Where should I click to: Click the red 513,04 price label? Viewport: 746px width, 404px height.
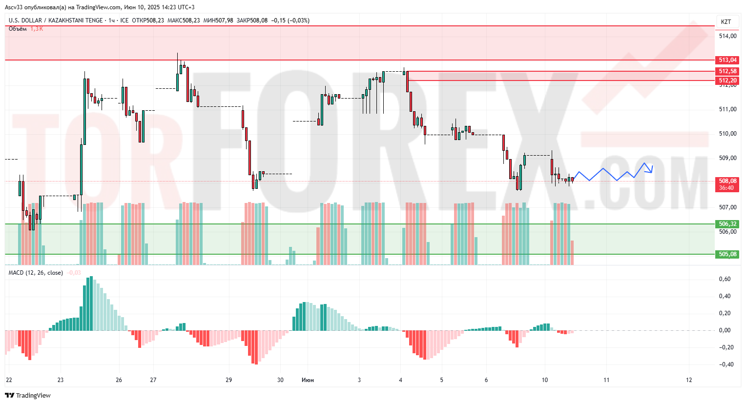pyautogui.click(x=727, y=60)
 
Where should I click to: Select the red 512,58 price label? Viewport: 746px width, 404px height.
pyautogui.click(x=727, y=71)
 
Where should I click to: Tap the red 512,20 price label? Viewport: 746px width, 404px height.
pyautogui.click(x=727, y=81)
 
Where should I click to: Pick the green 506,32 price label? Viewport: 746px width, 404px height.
pyautogui.click(x=727, y=224)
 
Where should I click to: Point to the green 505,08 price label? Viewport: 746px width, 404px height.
pyautogui.click(x=727, y=254)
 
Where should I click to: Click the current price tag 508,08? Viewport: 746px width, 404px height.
pyautogui.click(x=727, y=181)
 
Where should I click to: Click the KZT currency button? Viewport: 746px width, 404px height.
pyautogui.click(x=726, y=21)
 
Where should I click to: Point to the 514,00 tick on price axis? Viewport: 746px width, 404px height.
pyautogui.click(x=727, y=36)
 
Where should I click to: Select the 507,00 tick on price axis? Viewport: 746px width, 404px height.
pyautogui.click(x=727, y=207)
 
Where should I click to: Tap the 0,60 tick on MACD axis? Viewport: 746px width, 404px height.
pyautogui.click(x=725, y=279)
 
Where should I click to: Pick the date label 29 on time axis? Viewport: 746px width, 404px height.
pyautogui.click(x=229, y=380)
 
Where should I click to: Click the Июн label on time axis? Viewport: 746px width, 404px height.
pyautogui.click(x=308, y=380)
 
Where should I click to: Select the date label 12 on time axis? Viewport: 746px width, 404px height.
pyautogui.click(x=689, y=380)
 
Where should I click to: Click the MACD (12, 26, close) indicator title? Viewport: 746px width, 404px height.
pyautogui.click(x=36, y=273)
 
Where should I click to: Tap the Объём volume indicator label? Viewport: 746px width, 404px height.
pyautogui.click(x=18, y=29)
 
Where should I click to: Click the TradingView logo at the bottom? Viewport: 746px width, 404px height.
pyautogui.click(x=28, y=395)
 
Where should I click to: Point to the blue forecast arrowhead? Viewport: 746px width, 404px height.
pyautogui.click(x=651, y=170)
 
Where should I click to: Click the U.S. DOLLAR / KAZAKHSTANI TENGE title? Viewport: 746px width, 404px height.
pyautogui.click(x=56, y=20)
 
